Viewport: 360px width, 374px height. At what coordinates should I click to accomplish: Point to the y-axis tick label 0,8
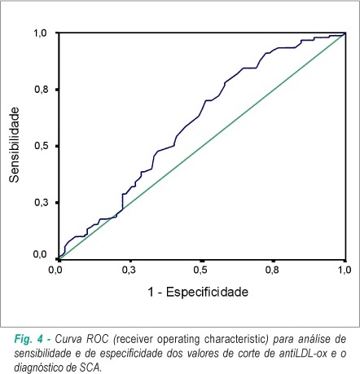[x=41, y=90]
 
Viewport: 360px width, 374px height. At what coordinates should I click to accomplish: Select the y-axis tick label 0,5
[x=41, y=146]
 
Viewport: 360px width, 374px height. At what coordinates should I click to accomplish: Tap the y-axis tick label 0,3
[x=41, y=202]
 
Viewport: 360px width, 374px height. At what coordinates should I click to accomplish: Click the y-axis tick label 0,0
[x=40, y=254]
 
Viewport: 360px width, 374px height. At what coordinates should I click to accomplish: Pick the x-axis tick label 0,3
[x=129, y=271]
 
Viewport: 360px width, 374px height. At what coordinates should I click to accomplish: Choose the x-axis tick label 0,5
[x=200, y=271]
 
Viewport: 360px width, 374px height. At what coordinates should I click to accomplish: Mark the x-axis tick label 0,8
[x=272, y=271]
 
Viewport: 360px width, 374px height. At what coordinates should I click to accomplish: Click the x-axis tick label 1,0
[x=345, y=271]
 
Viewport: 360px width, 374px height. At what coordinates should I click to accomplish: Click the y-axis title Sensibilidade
[x=14, y=145]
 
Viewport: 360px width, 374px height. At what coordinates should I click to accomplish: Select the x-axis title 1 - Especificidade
[x=198, y=293]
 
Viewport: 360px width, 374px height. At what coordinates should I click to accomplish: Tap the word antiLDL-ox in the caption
[x=304, y=354]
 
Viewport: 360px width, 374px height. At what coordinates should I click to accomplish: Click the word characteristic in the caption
[x=237, y=339]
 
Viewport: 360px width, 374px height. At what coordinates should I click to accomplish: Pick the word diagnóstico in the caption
[x=38, y=368]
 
